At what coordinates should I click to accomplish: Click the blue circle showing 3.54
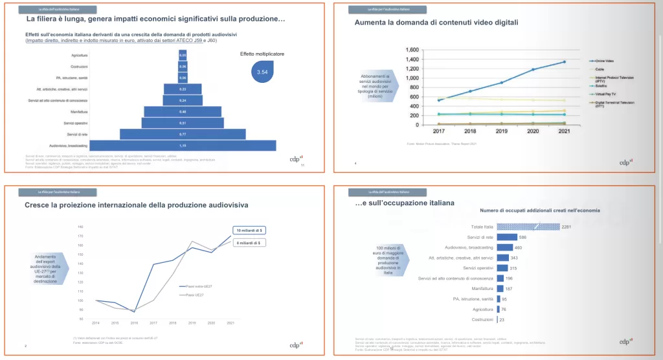262,72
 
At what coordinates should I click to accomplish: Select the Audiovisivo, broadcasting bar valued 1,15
183,146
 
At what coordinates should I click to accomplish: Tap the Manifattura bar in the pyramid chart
183,111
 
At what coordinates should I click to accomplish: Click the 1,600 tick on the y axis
412,50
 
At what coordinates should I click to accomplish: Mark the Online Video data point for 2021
564,62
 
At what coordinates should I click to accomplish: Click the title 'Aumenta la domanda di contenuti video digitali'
436,23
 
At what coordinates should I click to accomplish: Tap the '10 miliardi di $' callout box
249,231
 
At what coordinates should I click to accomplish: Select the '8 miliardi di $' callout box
249,243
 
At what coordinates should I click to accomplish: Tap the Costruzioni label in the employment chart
480,319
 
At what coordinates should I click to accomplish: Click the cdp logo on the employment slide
625,341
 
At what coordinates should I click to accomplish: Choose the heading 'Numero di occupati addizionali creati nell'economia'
539,210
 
